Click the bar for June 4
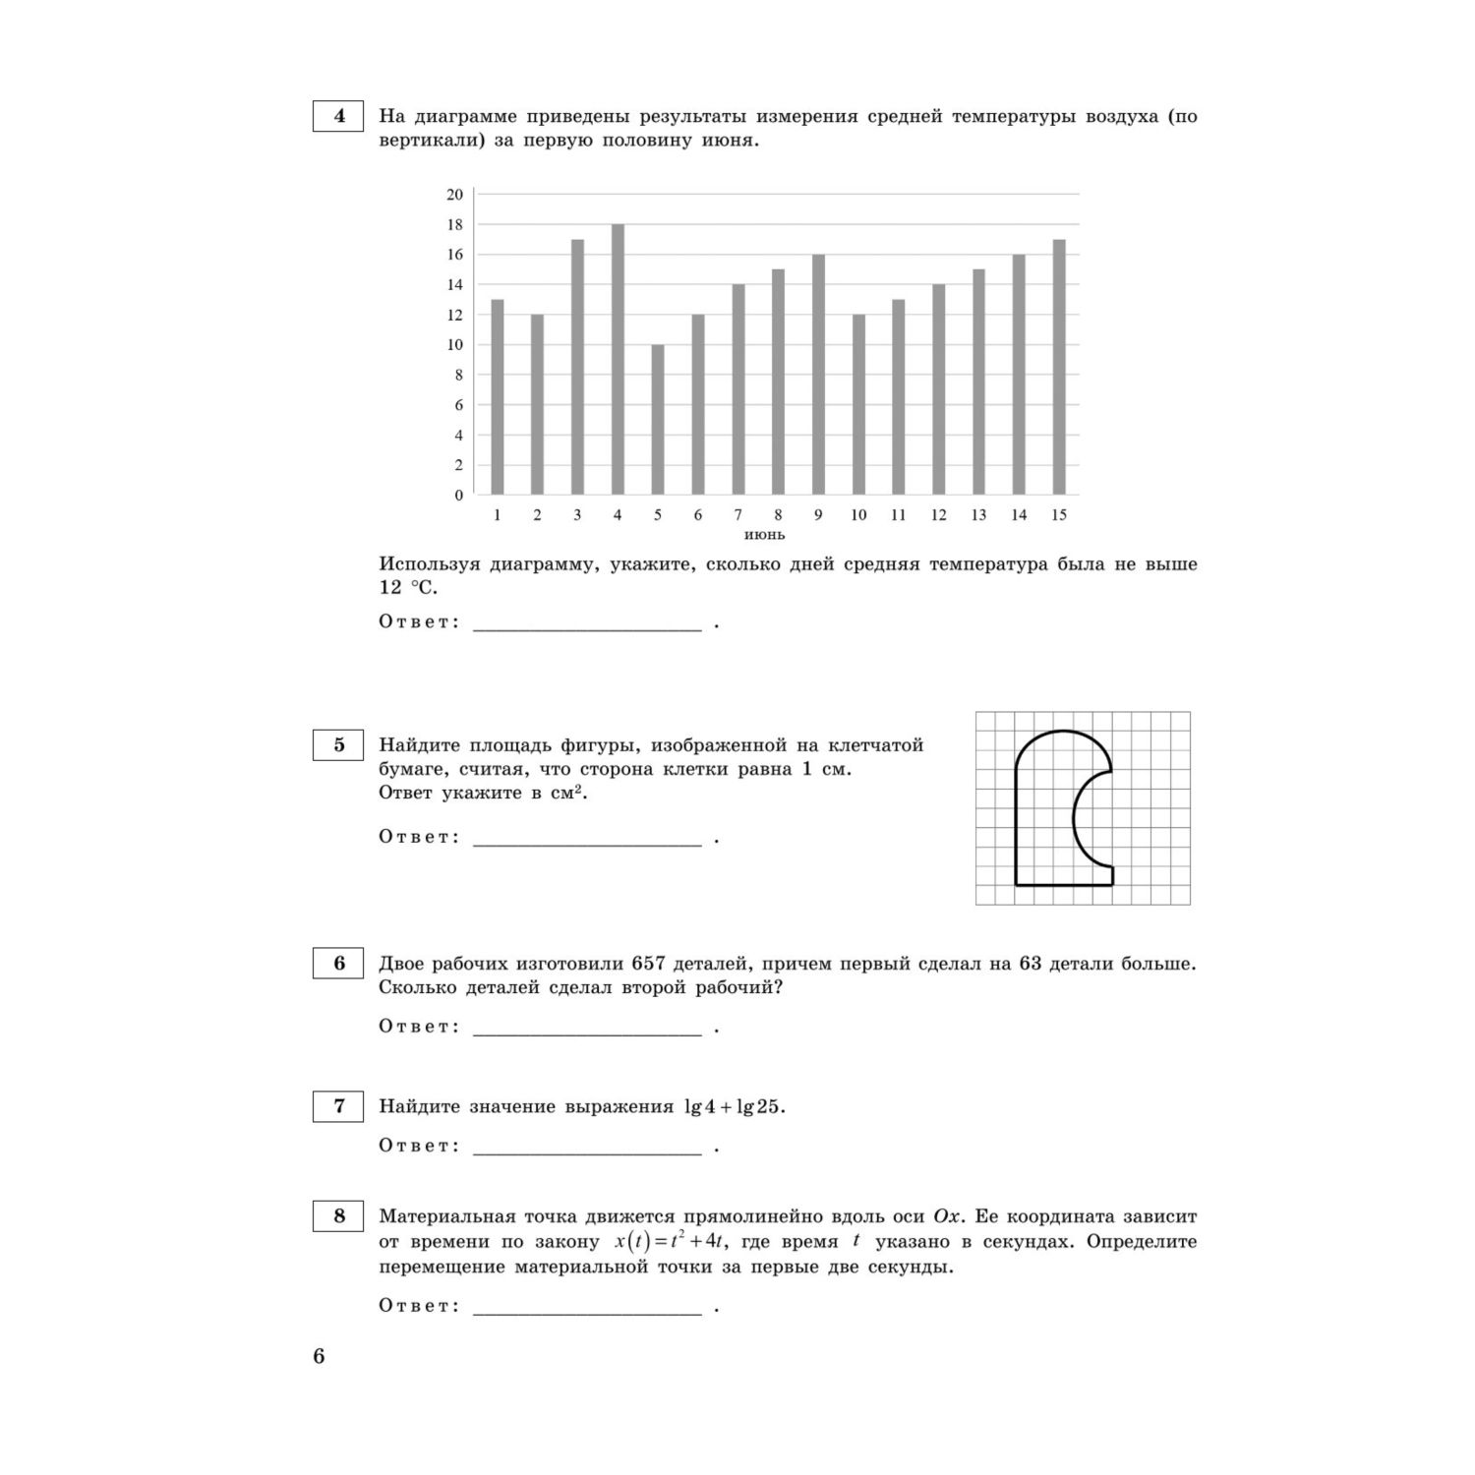618,359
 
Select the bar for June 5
658,419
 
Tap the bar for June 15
1058,367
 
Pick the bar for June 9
818,375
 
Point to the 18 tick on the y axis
455,224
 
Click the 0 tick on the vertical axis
458,495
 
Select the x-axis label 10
858,515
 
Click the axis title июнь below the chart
764,535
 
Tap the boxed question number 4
339,116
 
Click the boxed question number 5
339,744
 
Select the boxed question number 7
339,1106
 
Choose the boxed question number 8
339,1216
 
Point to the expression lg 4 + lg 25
734,1107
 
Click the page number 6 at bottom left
319,1357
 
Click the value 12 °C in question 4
406,588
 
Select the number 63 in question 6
1030,964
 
